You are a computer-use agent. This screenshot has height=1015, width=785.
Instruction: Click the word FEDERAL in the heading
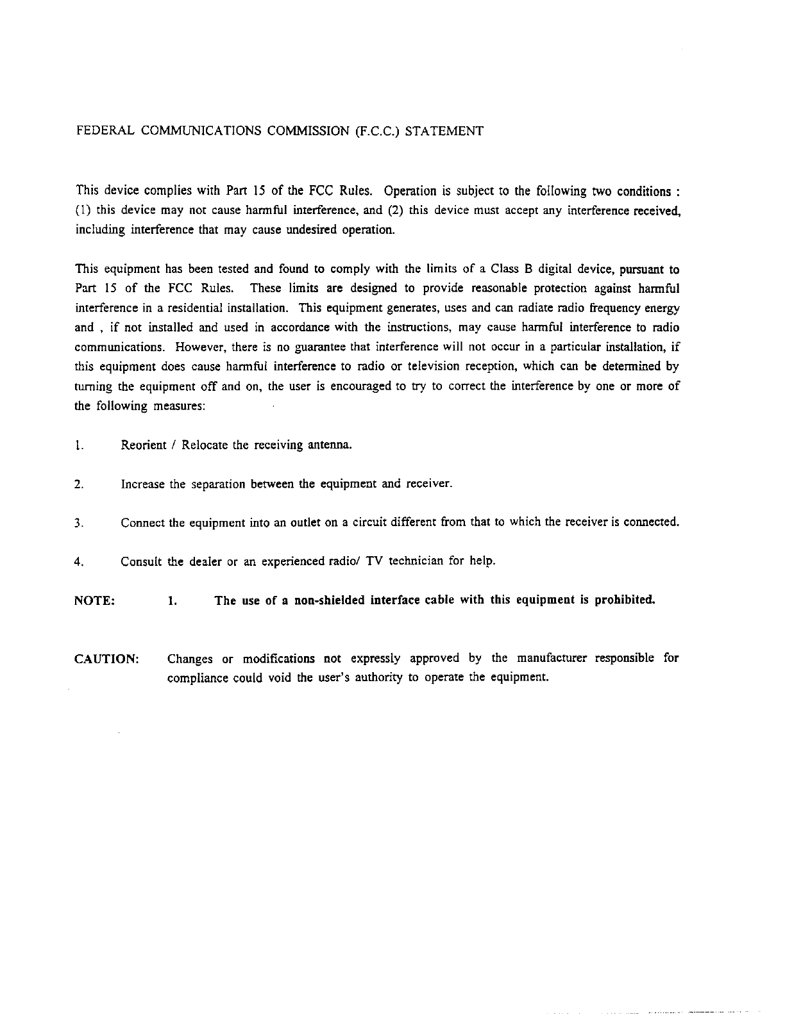(105, 131)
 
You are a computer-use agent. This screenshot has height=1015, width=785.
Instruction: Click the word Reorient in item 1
(144, 445)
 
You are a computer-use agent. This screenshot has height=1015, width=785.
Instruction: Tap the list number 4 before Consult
(78, 562)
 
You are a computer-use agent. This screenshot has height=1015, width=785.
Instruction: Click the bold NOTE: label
(95, 600)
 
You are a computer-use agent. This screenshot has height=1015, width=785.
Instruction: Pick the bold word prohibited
(625, 600)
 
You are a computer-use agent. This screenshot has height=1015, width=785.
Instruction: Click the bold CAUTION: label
(107, 659)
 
